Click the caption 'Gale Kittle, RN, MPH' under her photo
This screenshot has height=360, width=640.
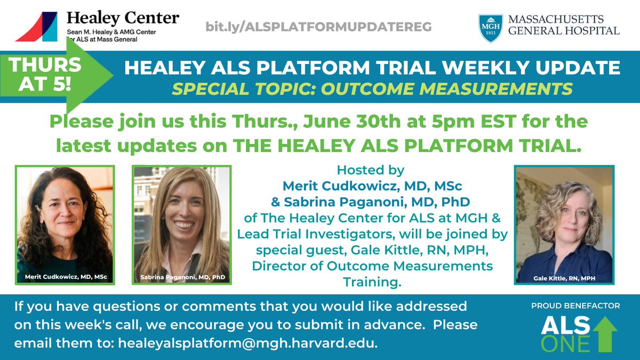[x=564, y=278]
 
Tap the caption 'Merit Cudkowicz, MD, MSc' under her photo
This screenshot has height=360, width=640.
[x=65, y=277]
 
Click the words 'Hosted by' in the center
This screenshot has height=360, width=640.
[x=371, y=171]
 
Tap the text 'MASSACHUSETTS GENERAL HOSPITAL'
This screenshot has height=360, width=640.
[x=564, y=25]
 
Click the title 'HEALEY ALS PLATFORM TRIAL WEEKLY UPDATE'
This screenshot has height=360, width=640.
[x=372, y=68]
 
